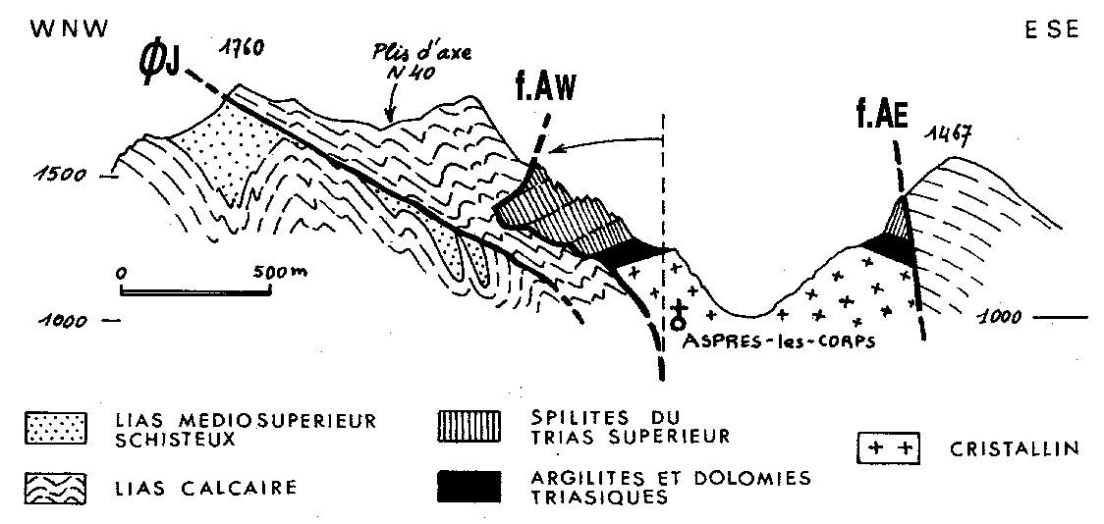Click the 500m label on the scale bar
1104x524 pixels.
[274, 271]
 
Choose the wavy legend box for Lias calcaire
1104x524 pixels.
[53, 485]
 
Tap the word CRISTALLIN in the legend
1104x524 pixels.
[1015, 449]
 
